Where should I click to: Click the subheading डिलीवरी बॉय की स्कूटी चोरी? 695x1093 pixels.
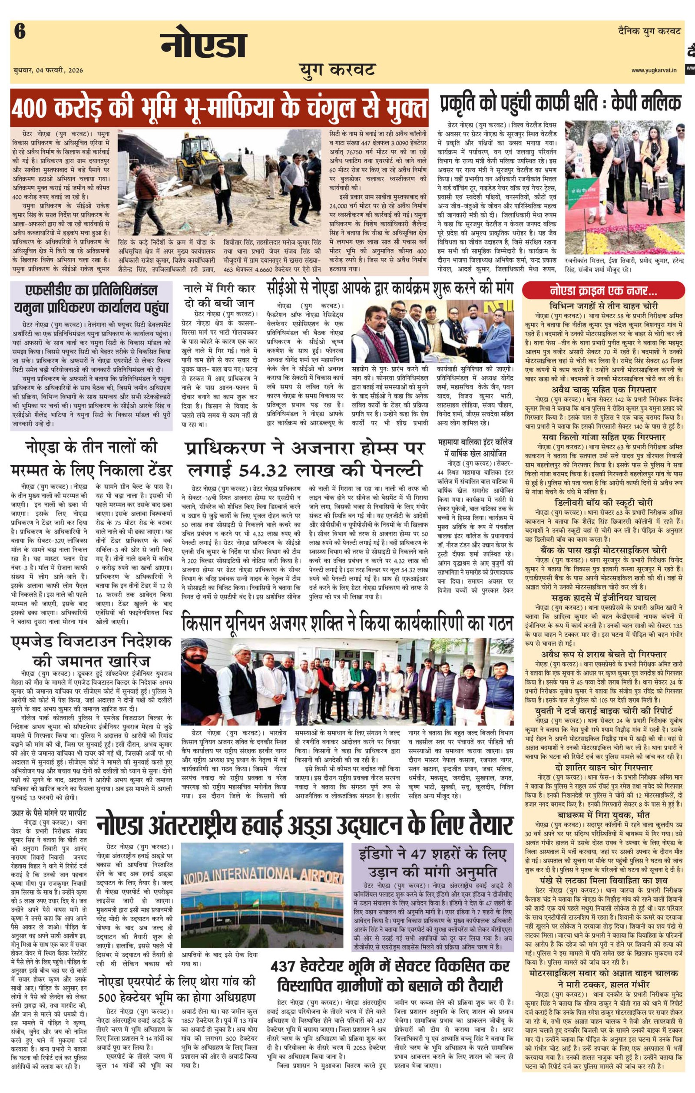pyautogui.click(x=603, y=503)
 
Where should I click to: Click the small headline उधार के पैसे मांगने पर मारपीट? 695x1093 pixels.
pyautogui.click(x=49, y=813)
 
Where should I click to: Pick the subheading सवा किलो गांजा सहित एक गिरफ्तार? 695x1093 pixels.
pyautogui.click(x=603, y=437)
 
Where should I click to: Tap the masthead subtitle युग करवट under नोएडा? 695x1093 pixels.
pyautogui.click(x=337, y=70)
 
